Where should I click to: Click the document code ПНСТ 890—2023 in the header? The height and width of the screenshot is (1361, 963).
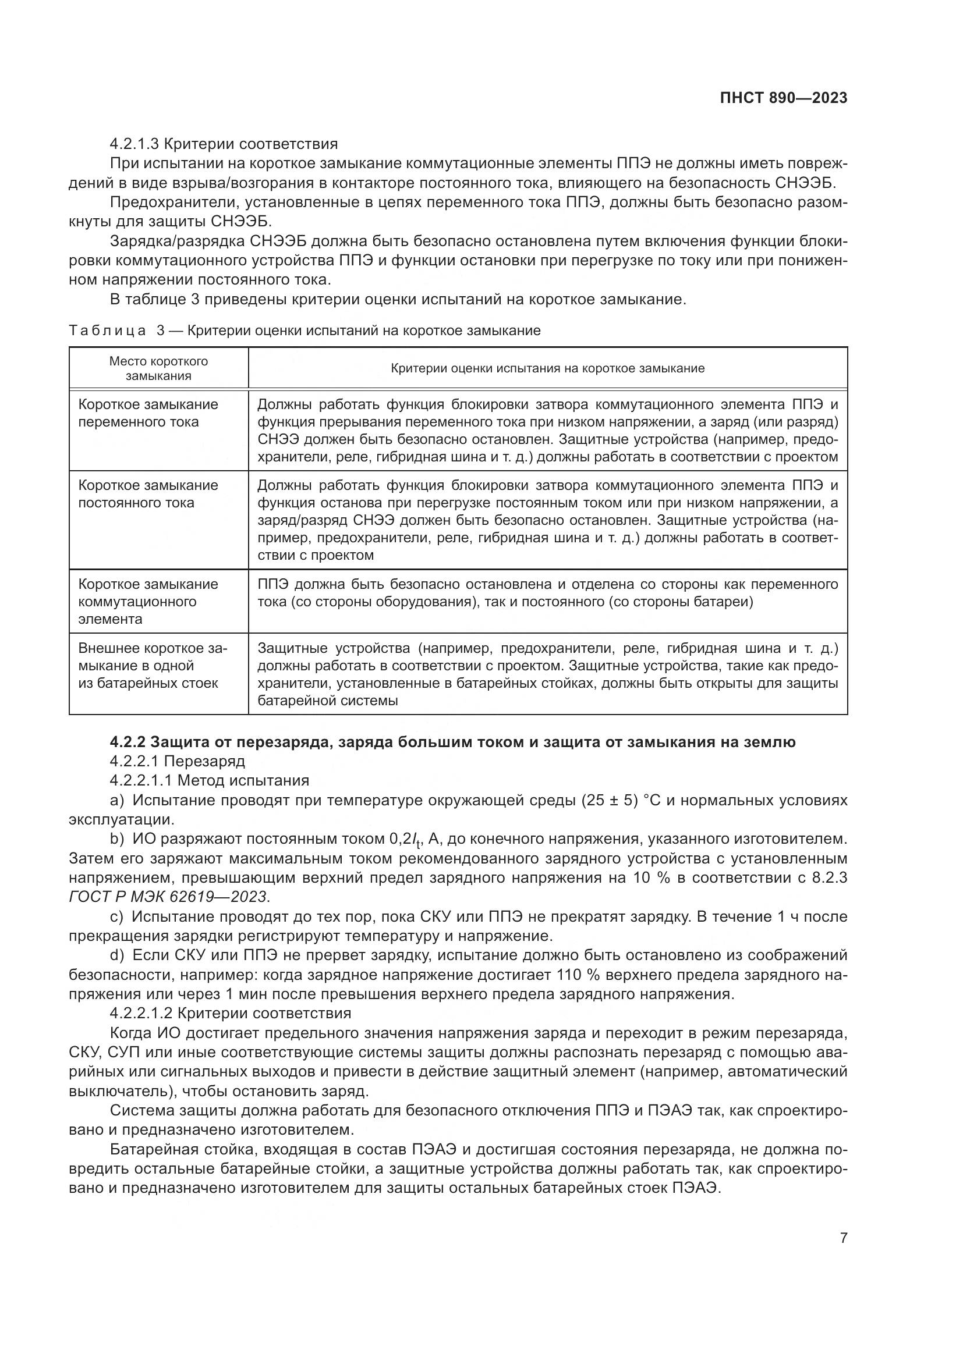783,98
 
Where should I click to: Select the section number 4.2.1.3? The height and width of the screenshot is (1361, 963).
134,144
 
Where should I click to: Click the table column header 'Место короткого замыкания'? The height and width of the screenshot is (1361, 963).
158,368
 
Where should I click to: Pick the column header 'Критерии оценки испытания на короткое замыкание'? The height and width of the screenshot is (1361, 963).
547,368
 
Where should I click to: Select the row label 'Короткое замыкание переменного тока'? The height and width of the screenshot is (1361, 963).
148,413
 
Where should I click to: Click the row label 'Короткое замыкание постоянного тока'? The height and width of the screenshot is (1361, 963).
148,494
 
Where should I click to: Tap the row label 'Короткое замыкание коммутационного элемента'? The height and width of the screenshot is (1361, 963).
148,601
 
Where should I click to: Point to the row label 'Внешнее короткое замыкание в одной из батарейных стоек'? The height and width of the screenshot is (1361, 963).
152,665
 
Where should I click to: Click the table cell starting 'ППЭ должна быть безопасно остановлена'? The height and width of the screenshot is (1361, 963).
547,593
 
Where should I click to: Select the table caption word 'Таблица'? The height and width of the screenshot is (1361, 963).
107,331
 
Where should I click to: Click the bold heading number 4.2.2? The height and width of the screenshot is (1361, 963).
128,741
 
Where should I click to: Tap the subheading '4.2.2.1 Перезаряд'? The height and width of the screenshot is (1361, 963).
178,761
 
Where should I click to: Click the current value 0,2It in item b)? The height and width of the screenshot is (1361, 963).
405,840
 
